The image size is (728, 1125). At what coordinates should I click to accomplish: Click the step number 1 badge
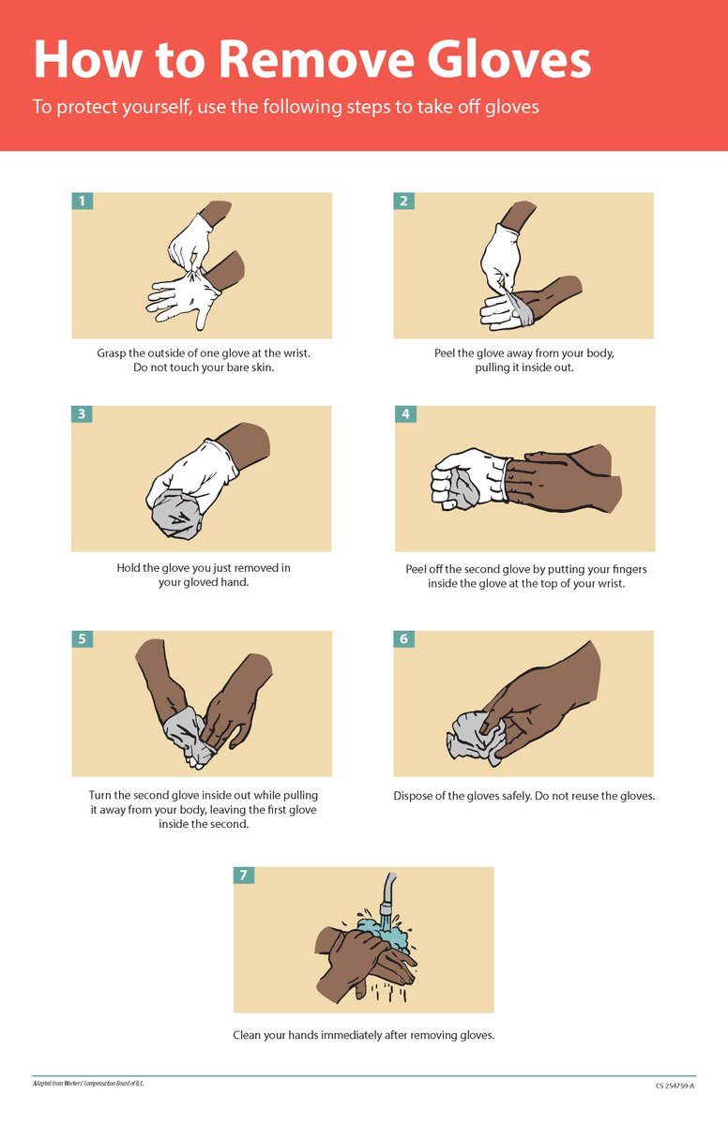click(x=83, y=201)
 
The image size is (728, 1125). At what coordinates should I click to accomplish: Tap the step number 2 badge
click(x=403, y=201)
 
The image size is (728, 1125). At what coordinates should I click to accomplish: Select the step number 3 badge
click(x=83, y=413)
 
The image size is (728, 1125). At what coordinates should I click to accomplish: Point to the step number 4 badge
click(x=405, y=413)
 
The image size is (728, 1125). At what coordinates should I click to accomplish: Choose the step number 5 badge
click(x=83, y=638)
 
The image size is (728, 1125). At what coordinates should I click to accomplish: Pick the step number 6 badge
click(x=403, y=638)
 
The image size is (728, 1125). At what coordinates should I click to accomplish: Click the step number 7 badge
click(x=244, y=875)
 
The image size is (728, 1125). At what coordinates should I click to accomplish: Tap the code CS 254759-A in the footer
click(x=675, y=1086)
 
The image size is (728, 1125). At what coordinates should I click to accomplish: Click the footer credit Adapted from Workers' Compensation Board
click(x=88, y=1083)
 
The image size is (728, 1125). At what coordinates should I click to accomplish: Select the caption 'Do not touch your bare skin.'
click(x=202, y=367)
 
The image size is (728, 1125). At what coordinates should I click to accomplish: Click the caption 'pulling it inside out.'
click(x=523, y=367)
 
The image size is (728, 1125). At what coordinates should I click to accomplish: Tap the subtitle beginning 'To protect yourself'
click(x=285, y=107)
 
